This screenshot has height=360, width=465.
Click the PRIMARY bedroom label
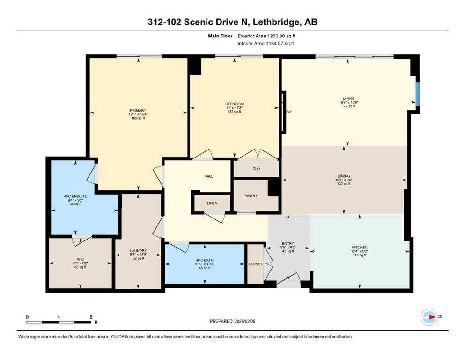tap(138, 111)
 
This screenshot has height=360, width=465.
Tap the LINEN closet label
tap(212, 203)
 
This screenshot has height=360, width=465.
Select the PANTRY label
tap(251, 196)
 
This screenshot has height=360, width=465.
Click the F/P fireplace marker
tap(289, 112)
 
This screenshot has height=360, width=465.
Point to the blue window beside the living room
tap(418, 94)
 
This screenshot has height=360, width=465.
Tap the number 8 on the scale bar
tap(91, 317)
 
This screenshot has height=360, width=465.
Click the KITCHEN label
tap(360, 247)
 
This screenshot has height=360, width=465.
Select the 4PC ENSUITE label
tap(75, 196)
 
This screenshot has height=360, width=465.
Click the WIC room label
tap(80, 259)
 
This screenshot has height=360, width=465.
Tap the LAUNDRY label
tap(138, 251)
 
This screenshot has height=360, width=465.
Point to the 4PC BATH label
tap(204, 260)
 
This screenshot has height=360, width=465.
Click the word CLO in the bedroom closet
tap(256, 169)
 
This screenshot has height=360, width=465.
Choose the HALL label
tap(208, 176)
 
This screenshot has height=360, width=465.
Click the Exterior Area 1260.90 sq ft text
tap(266, 36)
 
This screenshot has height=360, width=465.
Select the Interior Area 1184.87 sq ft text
tap(266, 43)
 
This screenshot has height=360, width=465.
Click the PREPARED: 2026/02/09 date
tap(232, 321)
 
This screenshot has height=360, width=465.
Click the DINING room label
tap(344, 176)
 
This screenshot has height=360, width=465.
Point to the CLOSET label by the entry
tap(255, 264)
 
